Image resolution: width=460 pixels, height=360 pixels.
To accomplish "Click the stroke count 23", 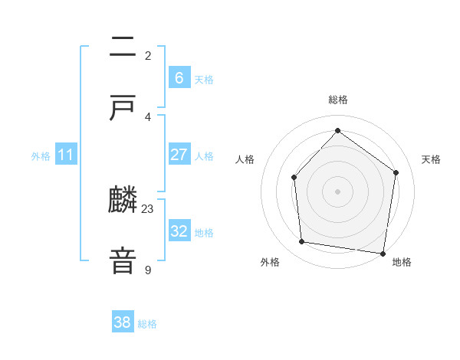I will [x=148, y=208].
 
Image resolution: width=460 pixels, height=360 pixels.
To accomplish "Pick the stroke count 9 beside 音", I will [x=148, y=270].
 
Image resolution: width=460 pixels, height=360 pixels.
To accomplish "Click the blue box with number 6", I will [x=179, y=77].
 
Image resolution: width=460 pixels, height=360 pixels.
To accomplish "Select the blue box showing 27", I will [x=179, y=155].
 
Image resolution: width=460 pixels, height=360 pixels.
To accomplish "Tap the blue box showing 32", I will [x=179, y=231].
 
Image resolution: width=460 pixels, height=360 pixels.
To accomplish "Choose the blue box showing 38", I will [x=123, y=322].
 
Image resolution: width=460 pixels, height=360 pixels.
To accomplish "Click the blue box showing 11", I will [x=66, y=155].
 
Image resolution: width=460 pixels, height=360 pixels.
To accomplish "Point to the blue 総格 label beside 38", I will [x=147, y=324].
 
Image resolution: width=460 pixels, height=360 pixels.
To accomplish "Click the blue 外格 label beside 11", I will [x=41, y=156].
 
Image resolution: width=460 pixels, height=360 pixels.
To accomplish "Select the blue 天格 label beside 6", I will [x=204, y=79].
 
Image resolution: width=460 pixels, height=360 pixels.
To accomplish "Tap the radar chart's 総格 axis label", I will [x=337, y=100].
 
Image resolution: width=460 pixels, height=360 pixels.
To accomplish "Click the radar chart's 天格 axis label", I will [x=431, y=159].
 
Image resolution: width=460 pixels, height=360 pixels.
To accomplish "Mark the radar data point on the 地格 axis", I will [x=383, y=253].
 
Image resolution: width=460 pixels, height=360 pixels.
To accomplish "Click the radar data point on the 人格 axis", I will [x=294, y=177].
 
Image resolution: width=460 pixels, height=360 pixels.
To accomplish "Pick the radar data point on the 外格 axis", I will [x=302, y=242].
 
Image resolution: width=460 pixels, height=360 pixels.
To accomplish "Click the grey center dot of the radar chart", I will [x=337, y=191].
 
